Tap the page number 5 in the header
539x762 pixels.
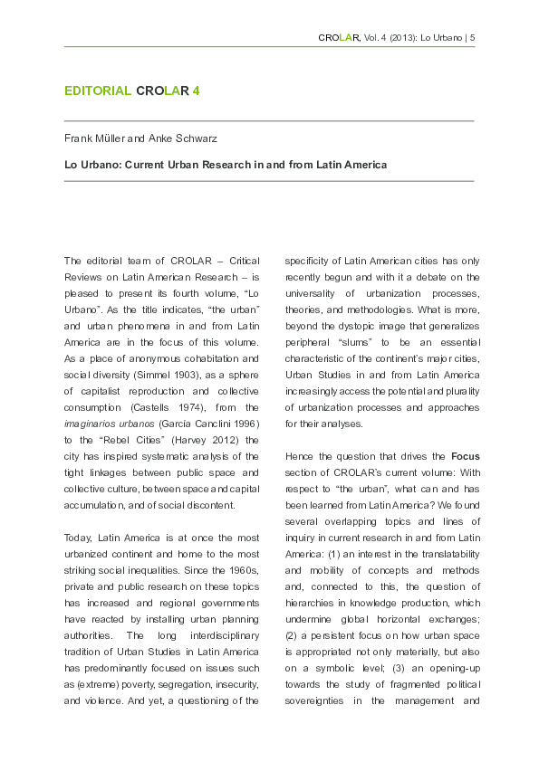click(x=472, y=37)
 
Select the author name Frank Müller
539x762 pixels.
click(x=93, y=138)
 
